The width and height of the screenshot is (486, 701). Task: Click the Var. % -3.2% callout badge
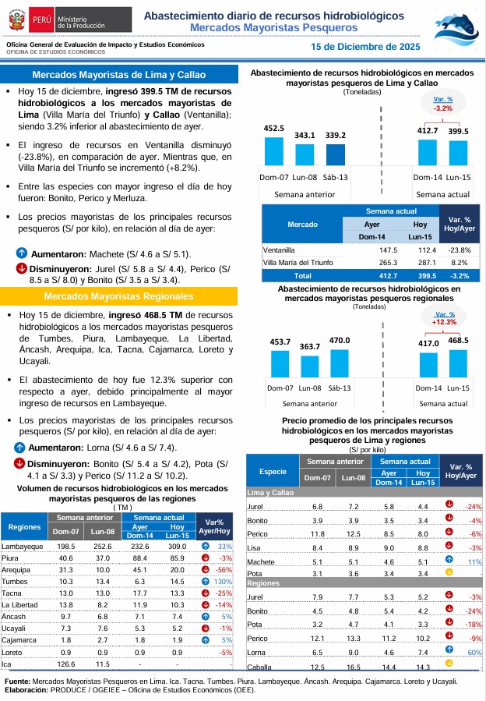click(x=443, y=104)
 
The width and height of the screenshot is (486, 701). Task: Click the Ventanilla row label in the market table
click(x=280, y=250)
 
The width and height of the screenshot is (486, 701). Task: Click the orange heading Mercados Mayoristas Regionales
click(x=118, y=296)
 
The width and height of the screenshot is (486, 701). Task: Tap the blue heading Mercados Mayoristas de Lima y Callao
click(x=118, y=75)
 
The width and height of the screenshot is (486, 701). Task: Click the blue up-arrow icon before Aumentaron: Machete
click(x=22, y=254)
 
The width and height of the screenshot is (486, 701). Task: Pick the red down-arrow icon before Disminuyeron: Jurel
click(x=22, y=269)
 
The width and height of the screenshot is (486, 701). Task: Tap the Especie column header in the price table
click(x=273, y=472)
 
